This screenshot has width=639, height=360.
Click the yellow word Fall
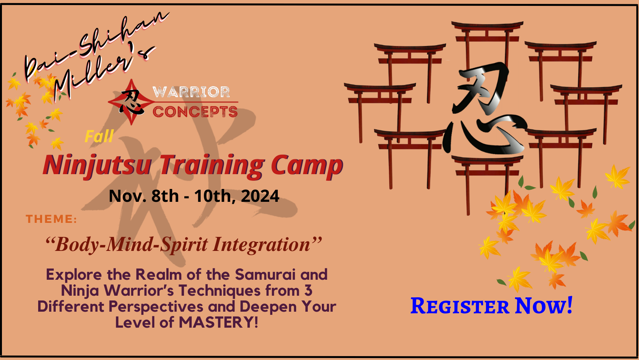pyautogui.click(x=99, y=136)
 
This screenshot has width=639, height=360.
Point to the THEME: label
pyautogui.click(x=51, y=219)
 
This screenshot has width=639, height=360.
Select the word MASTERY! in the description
pyautogui.click(x=219, y=322)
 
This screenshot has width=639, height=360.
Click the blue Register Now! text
pyautogui.click(x=491, y=305)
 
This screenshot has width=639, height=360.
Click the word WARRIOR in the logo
pyautogui.click(x=191, y=92)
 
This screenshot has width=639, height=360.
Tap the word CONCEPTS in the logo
pyautogui.click(x=195, y=111)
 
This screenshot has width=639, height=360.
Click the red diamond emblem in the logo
pyautogui.click(x=131, y=102)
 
